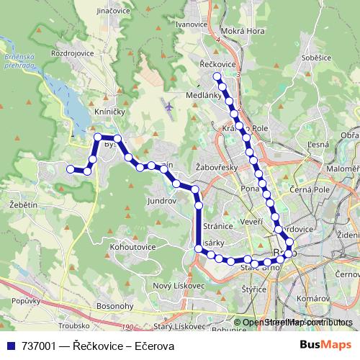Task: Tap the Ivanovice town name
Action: [191, 24]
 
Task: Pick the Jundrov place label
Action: [161, 201]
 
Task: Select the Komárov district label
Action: [314, 297]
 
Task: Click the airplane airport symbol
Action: [168, 107]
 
